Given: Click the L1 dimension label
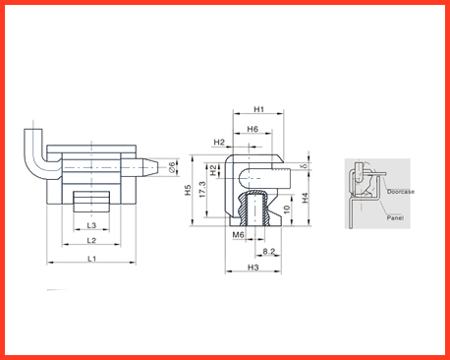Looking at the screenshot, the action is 92,259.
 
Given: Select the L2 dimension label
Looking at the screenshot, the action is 91,241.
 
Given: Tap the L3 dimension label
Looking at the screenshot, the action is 91,225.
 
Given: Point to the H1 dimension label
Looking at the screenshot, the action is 258,109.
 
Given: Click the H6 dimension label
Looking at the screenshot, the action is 253,129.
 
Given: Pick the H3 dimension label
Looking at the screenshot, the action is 253,268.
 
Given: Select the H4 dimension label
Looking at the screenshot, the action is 306,198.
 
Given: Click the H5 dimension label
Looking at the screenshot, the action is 188,190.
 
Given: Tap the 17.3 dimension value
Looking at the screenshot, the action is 202,190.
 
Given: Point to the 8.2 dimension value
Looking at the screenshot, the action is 269,252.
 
